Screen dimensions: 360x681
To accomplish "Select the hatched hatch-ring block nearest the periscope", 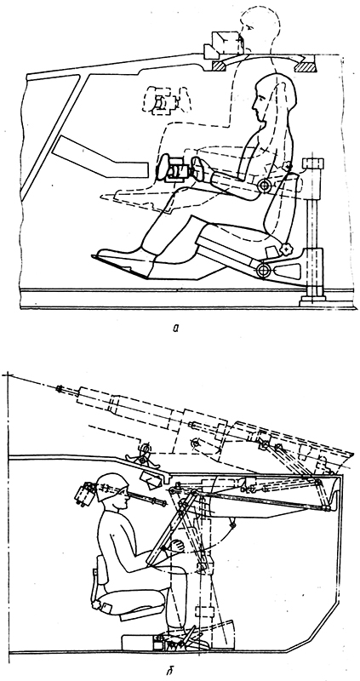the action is (x=220, y=66).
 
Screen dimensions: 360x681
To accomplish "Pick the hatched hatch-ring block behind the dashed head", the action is (x=306, y=66).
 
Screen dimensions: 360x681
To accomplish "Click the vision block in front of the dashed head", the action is (x=225, y=44).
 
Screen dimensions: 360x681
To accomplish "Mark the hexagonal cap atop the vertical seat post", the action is (x=312, y=163).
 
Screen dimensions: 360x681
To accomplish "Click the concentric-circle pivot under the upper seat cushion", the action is (x=263, y=270).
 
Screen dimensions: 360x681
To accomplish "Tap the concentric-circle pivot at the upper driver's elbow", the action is (x=264, y=186).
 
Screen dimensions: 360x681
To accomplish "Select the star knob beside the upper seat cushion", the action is (x=287, y=249).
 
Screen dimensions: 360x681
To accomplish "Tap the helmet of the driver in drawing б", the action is (x=112, y=487).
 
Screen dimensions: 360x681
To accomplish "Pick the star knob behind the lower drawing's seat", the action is (x=95, y=604).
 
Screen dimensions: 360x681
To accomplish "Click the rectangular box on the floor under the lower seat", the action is (x=138, y=643).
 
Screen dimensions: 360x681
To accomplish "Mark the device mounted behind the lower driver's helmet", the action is (x=87, y=495).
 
